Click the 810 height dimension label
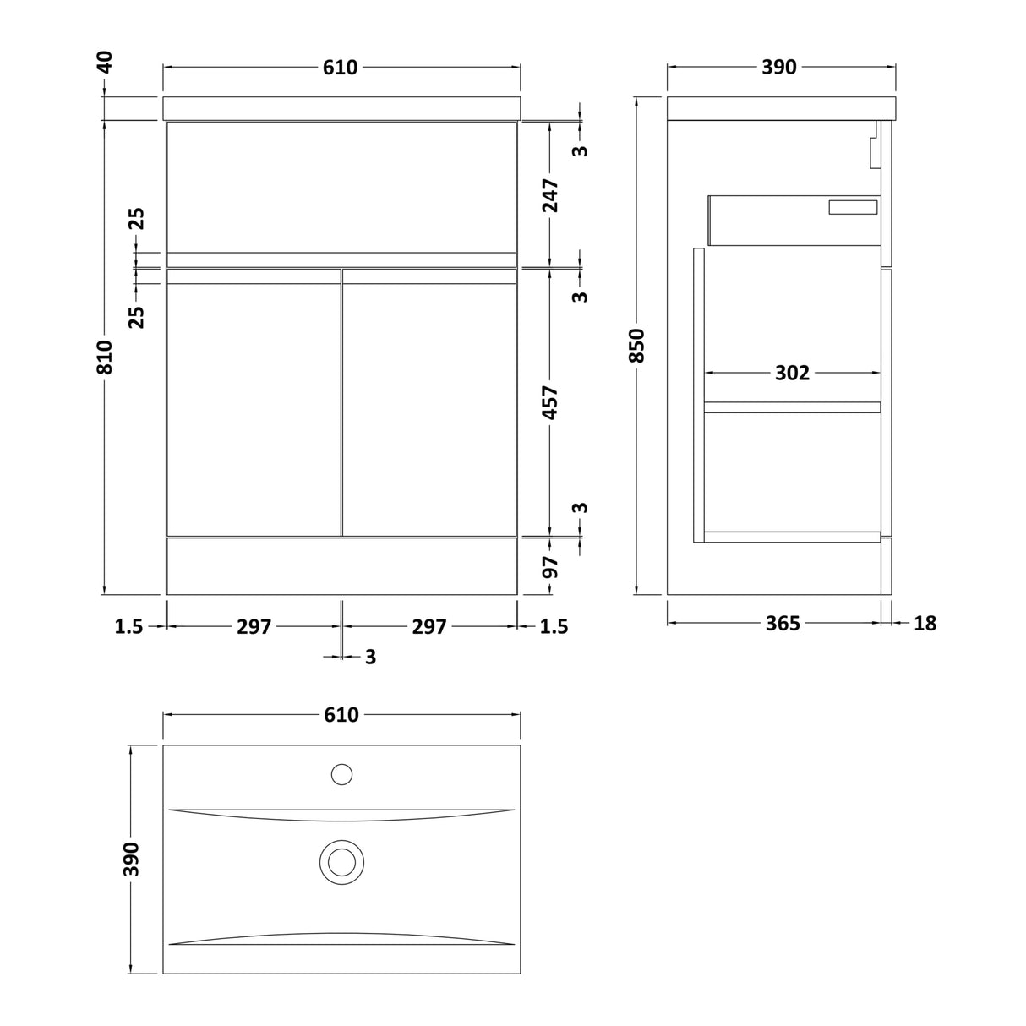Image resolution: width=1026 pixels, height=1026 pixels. coord(106,357)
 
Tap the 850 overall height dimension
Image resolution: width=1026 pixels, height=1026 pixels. coord(636,346)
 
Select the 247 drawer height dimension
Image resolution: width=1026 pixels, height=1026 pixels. coord(550,195)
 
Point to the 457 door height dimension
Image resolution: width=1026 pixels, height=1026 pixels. coord(550,402)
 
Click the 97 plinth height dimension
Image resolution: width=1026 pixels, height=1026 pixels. coord(550,567)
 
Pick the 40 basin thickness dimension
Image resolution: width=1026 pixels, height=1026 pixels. coord(106,62)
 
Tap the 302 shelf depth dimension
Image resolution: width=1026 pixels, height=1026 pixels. coord(792,373)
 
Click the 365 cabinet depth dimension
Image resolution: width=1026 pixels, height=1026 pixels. coord(783,623)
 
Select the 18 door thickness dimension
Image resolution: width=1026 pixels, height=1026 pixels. coord(925,623)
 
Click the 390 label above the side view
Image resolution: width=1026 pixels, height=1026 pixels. coord(779,67)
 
